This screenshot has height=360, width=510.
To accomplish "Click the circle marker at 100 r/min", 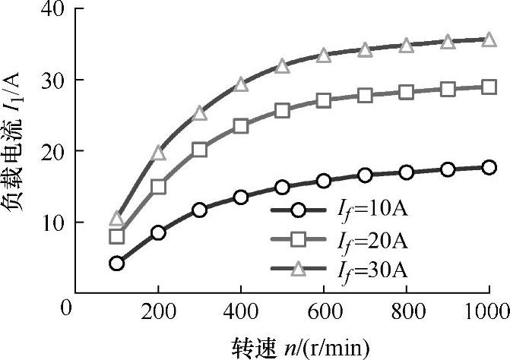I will pyautogui.click(x=116, y=264).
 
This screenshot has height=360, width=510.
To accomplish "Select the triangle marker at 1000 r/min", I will pyautogui.click(x=489, y=39).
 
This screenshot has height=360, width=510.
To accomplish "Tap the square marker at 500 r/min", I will pyautogui.click(x=282, y=110).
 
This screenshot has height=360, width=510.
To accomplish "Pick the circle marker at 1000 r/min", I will pyautogui.click(x=489, y=167).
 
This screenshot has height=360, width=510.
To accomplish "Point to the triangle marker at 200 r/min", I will pyautogui.click(x=158, y=153).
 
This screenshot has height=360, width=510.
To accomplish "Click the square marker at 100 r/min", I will pyautogui.click(x=116, y=236).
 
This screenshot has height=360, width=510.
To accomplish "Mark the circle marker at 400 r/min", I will pyautogui.click(x=241, y=197).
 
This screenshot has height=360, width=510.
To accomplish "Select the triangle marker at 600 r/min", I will pyautogui.click(x=324, y=55).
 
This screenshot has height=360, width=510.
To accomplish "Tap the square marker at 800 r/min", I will pyautogui.click(x=407, y=92).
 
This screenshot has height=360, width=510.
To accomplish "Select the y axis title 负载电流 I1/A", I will pyautogui.click(x=17, y=152).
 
